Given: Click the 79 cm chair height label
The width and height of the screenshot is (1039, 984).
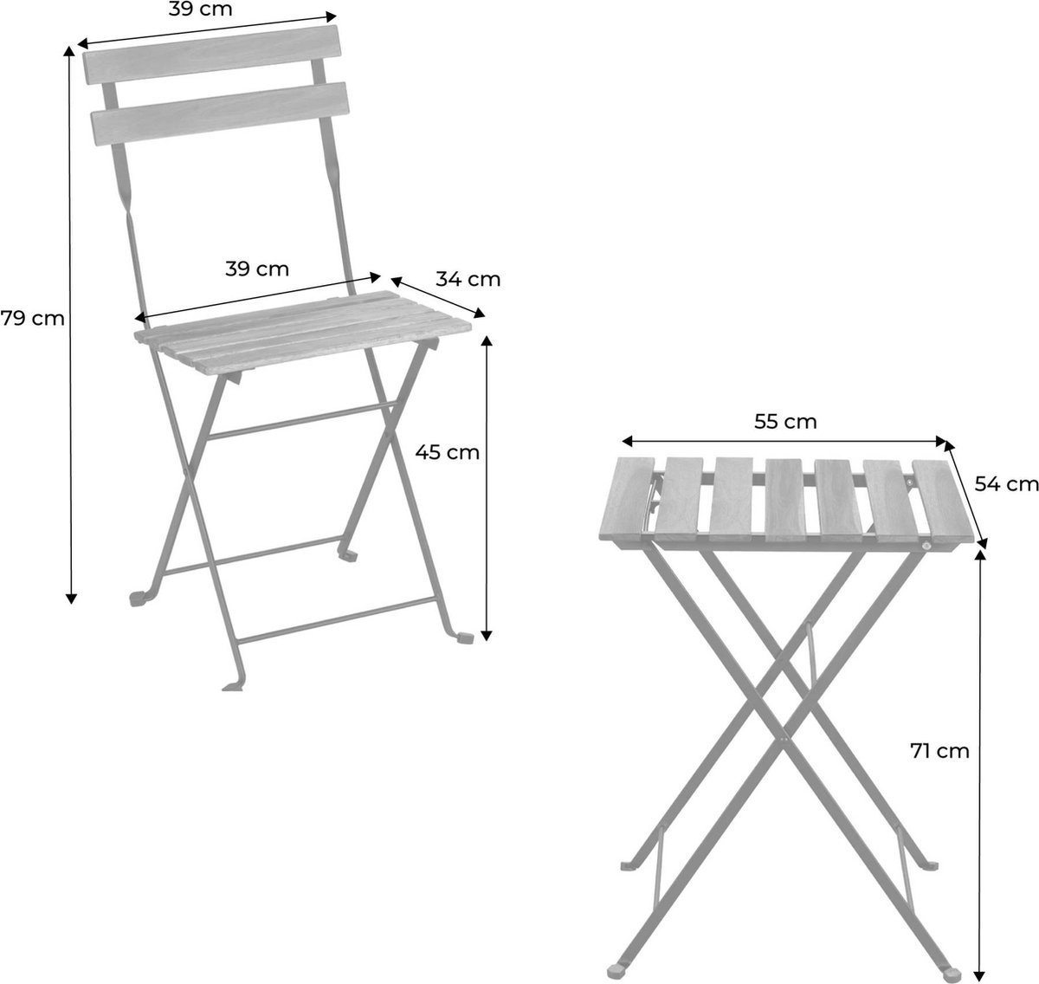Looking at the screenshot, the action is point(32,319).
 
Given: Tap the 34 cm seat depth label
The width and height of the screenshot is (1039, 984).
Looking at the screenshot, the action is point(468,279).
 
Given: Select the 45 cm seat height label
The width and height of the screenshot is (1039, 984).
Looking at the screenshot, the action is point(447,453).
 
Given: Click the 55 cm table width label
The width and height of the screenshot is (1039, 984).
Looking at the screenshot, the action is point(785,422).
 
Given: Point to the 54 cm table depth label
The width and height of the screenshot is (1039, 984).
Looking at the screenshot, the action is point(1006,484).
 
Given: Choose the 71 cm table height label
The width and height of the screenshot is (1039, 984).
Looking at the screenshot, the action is point(939,751).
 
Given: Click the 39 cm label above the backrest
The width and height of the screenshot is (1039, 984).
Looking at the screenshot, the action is point(200,9).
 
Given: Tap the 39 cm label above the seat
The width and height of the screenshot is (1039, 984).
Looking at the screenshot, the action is point(257,269).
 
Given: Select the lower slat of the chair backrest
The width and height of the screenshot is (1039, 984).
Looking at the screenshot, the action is point(220,114).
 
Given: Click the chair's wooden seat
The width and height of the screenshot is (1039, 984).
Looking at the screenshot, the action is point(303,333).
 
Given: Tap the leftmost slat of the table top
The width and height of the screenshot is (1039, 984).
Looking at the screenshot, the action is point(628,499).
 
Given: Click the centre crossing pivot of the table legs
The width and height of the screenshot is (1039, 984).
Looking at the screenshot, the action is point(784,735).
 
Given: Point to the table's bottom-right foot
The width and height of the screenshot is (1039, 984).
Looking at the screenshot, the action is point(952,973).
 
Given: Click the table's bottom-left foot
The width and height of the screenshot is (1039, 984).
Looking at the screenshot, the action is point(616,970).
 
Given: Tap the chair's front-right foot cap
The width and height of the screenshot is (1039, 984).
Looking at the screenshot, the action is point(465,638).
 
